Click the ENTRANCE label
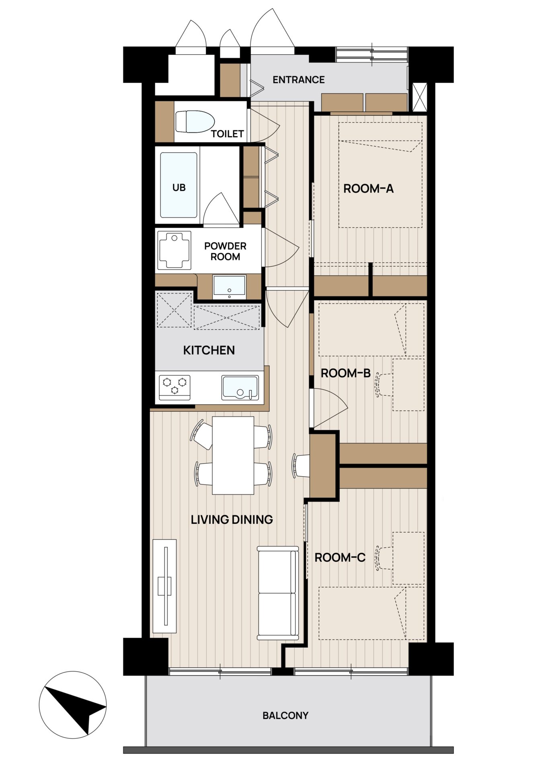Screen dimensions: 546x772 (298, 80)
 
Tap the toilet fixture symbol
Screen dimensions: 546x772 (195, 121)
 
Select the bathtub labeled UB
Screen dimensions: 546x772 (179, 185)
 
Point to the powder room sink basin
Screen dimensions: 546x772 (229, 286)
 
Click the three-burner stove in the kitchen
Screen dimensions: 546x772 (174, 387)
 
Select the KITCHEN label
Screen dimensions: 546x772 (209, 350)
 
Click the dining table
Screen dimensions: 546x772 (233, 455)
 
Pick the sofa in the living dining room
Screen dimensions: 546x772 (278, 593)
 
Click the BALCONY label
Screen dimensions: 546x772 (285, 715)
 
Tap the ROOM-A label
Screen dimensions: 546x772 (368, 189)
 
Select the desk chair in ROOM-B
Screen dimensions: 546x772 (383, 385)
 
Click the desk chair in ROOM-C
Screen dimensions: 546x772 (383, 558)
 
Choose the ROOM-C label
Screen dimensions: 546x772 (340, 558)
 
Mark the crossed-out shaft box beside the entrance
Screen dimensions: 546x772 (420, 97)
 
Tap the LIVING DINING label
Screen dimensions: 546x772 (232, 519)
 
